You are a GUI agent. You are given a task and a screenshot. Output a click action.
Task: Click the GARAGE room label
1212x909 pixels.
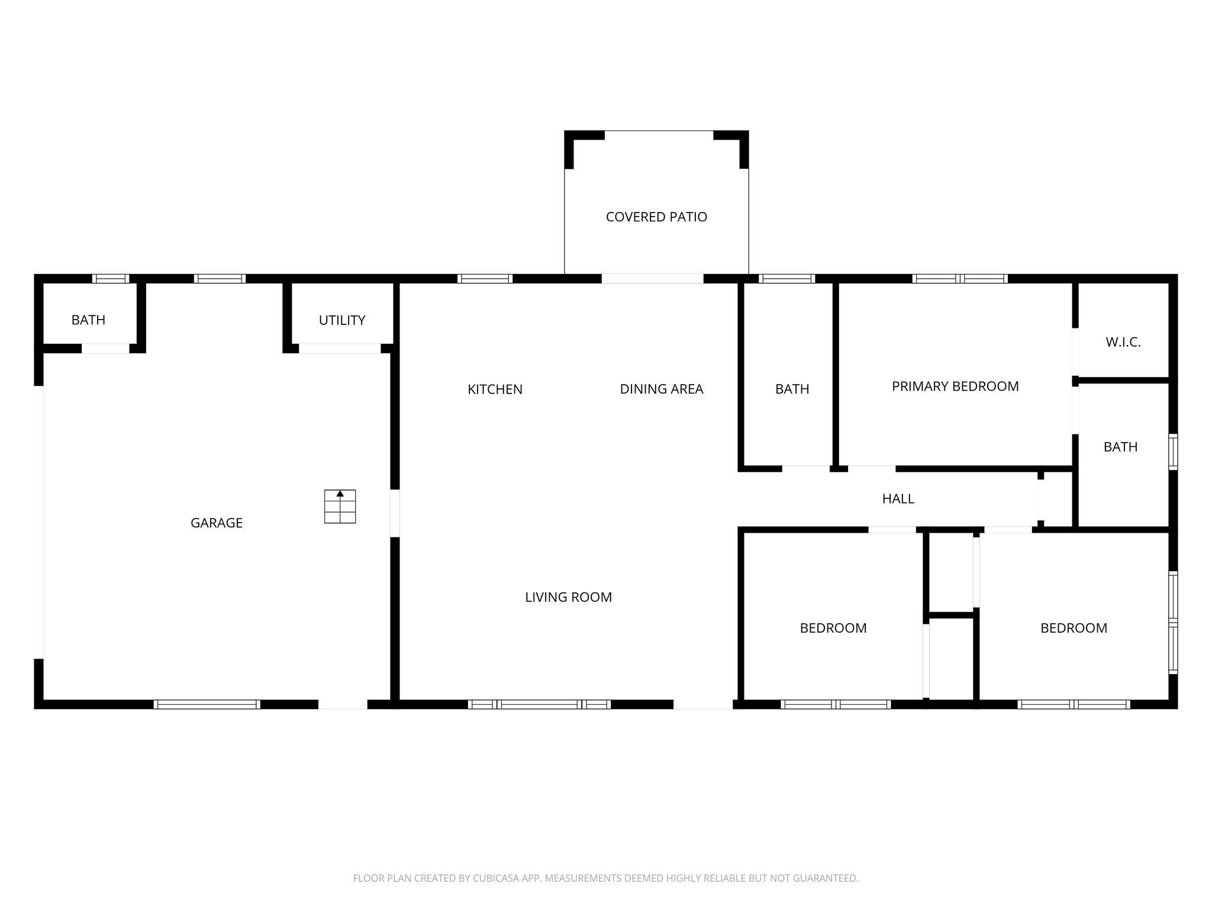[217, 523]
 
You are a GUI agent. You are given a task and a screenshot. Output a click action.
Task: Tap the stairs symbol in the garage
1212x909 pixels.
[340, 507]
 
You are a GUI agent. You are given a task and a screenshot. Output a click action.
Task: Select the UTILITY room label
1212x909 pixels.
[342, 320]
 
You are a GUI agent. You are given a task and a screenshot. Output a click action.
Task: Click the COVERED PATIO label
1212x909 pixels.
[656, 217]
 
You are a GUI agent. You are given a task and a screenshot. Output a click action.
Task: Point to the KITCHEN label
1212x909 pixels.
[495, 389]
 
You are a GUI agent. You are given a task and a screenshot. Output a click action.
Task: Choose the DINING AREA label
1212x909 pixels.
[662, 389]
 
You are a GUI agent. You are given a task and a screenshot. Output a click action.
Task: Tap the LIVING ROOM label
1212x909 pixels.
[568, 597]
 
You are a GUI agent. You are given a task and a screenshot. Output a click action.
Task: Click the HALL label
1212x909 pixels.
[898, 499]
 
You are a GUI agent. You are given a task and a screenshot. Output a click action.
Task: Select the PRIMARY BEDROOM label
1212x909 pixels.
[955, 386]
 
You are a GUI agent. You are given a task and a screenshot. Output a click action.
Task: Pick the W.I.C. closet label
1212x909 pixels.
[1123, 342]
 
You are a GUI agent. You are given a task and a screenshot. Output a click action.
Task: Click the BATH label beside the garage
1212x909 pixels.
[88, 320]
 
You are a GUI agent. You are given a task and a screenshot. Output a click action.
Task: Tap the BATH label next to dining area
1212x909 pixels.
[792, 389]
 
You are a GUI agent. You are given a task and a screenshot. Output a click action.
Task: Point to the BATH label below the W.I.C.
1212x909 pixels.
[1120, 447]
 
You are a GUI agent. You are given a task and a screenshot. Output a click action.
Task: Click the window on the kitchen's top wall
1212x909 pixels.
[485, 279]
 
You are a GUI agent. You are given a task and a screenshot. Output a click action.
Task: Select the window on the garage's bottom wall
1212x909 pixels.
[207, 704]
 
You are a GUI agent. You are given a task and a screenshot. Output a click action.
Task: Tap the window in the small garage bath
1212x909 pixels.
[111, 279]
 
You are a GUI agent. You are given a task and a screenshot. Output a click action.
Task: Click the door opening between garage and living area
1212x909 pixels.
[395, 513]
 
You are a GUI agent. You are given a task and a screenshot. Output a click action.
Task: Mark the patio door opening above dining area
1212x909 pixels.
[652, 279]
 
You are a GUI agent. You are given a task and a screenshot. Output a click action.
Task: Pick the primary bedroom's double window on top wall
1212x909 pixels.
[960, 279]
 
